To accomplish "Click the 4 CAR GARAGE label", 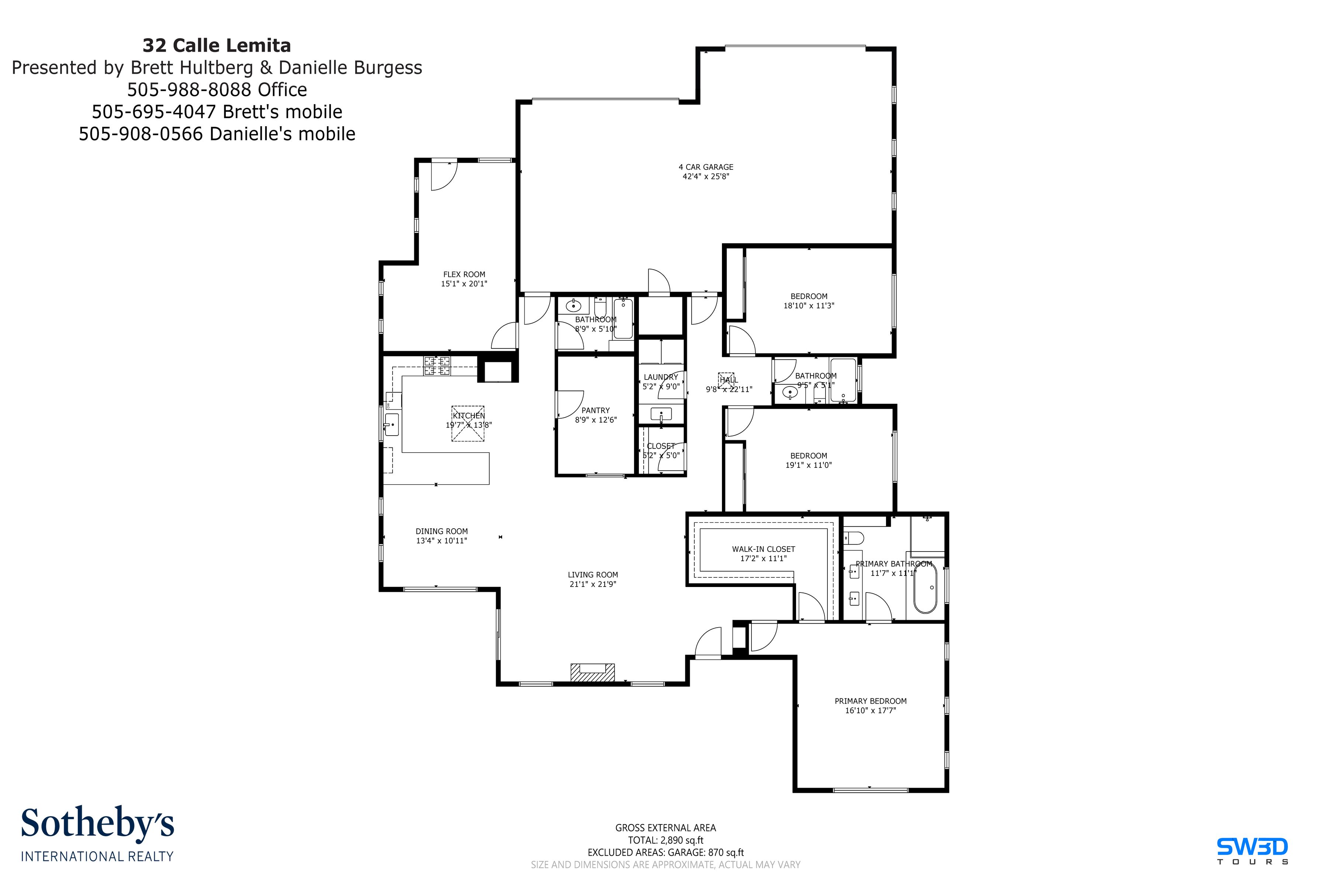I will pos(706,167).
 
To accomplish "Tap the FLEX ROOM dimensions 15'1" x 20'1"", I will pos(464,284).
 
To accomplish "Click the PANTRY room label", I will pos(596,410).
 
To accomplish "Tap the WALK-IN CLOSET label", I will pos(763,549).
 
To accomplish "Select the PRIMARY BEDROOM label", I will pos(870,701).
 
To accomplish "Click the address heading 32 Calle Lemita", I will pos(217,45).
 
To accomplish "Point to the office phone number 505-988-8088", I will pos(217,89).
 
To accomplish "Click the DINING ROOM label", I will pos(442,531).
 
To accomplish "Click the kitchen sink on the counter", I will pos(391,424).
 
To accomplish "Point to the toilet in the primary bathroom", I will pos(854,537).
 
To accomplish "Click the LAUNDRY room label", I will pos(661,377).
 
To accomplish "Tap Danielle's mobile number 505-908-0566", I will pos(217,134).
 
